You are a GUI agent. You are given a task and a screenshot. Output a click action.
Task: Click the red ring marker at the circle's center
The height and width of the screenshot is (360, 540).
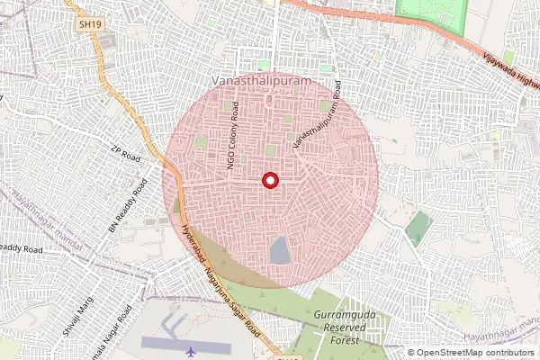click(x=269, y=180)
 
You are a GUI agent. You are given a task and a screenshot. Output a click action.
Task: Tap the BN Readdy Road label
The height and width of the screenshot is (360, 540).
click(x=128, y=206)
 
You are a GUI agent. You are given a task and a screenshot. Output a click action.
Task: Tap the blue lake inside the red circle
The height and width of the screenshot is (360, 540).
click(x=281, y=250)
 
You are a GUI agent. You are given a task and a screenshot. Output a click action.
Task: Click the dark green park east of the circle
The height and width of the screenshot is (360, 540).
click(x=418, y=229)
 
